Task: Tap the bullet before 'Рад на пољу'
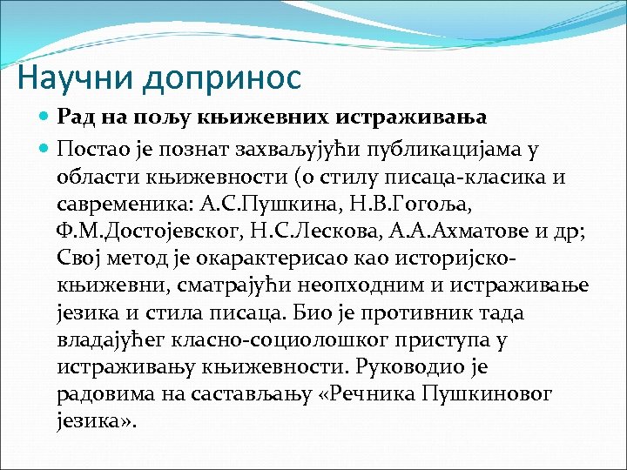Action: (x=45, y=116)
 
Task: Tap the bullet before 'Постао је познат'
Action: (x=45, y=148)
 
